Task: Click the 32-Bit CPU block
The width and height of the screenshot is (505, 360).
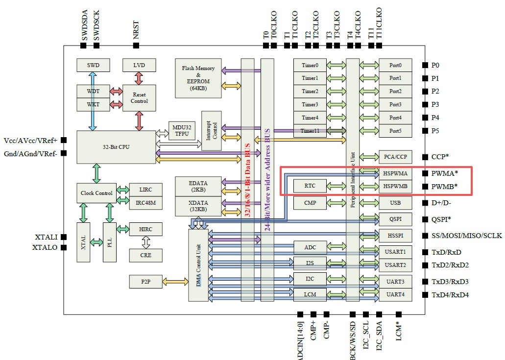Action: click(x=116, y=146)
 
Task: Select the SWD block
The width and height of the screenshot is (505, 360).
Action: click(x=93, y=65)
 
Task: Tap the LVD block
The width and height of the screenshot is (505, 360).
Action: click(x=139, y=65)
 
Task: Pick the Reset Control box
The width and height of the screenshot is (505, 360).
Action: click(x=139, y=97)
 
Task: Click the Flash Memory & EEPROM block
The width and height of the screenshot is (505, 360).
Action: click(x=198, y=77)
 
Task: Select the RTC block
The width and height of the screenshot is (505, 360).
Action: click(x=310, y=186)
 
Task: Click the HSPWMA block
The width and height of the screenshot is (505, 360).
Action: click(x=395, y=173)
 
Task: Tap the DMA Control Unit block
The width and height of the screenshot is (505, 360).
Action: click(x=198, y=265)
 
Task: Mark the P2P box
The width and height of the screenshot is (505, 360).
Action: click(x=145, y=282)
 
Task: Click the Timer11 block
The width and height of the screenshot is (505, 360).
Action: click(x=310, y=131)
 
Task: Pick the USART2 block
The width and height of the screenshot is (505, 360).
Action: click(x=395, y=265)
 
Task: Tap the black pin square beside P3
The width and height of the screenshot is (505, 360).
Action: click(x=424, y=104)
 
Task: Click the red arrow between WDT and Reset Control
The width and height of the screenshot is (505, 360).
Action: click(x=116, y=91)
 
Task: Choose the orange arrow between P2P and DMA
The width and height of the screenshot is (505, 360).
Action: click(x=175, y=282)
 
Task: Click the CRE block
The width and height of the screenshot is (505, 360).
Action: click(x=145, y=255)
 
